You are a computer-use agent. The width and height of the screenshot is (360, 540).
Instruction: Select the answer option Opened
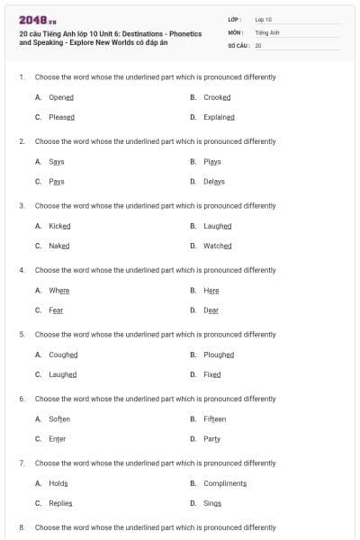[x=61, y=97]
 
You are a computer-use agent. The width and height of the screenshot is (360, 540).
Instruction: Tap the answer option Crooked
[x=217, y=97]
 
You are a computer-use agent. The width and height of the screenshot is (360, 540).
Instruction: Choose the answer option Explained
[x=219, y=117]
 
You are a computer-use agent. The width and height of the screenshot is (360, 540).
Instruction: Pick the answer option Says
[x=56, y=162]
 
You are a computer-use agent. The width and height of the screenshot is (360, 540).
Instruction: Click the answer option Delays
[x=214, y=182]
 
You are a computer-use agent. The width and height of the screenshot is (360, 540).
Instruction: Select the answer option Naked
[x=58, y=246]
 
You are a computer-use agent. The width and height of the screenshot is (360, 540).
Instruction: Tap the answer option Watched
[x=217, y=246]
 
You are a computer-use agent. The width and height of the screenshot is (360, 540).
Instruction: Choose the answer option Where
[x=58, y=291]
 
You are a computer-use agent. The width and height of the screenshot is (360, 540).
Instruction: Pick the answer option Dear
[x=211, y=310]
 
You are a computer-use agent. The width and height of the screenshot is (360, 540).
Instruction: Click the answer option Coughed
[x=63, y=355]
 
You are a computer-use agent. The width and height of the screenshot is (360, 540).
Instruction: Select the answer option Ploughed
[x=219, y=355]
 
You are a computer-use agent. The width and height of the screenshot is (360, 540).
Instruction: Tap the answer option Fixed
[x=211, y=374]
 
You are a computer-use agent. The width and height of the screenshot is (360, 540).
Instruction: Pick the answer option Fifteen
[x=214, y=419]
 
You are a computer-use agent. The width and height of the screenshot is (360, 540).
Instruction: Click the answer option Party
[x=211, y=439]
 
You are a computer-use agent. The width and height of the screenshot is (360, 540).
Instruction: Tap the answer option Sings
[x=211, y=503]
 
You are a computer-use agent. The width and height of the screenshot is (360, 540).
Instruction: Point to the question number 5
[x=22, y=334]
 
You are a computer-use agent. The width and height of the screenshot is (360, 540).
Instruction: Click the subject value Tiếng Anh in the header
[x=268, y=31]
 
